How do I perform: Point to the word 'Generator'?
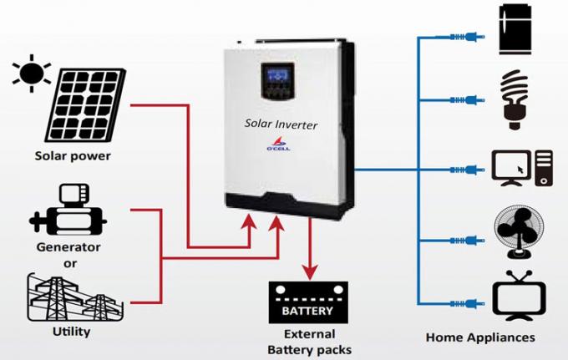(x=68, y=246)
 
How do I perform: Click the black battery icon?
(x=311, y=302)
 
